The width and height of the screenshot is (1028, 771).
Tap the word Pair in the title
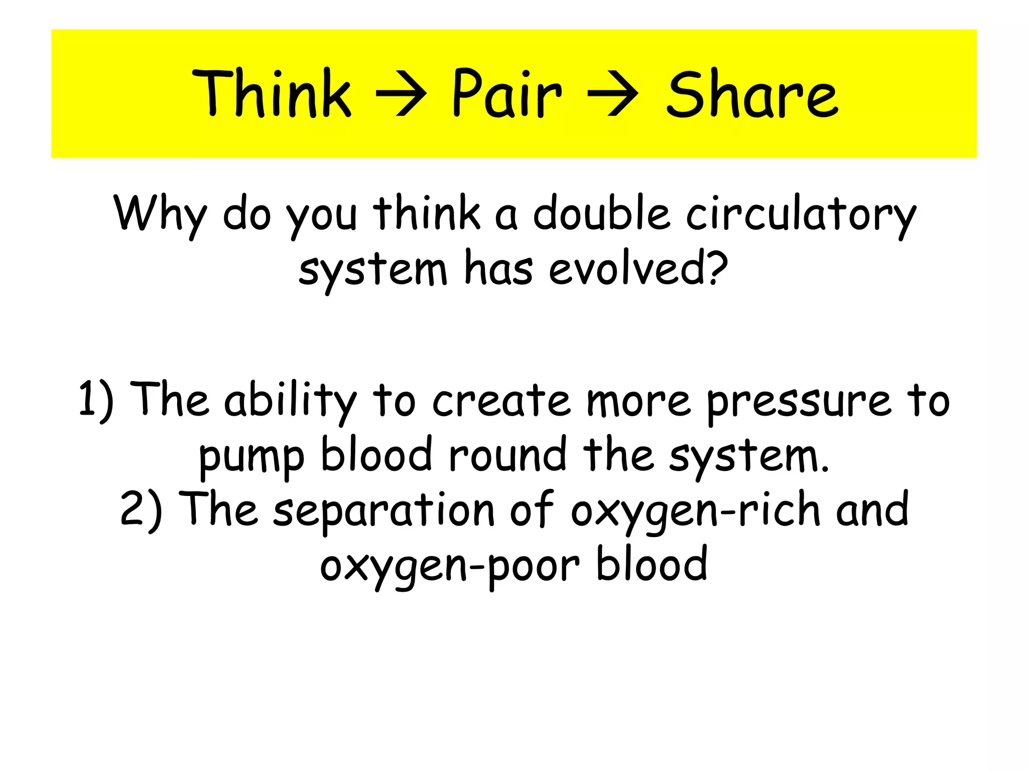pos(506,94)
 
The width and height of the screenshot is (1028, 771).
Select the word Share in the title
pos(751,94)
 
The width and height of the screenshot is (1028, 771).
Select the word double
pos(601,213)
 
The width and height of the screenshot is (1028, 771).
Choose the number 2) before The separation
pos(141,510)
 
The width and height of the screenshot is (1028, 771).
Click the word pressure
pos(799,402)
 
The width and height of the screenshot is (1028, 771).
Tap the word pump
pos(251,457)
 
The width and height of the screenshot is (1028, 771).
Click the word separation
pos(384,510)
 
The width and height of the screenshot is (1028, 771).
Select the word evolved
pos(630,268)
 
